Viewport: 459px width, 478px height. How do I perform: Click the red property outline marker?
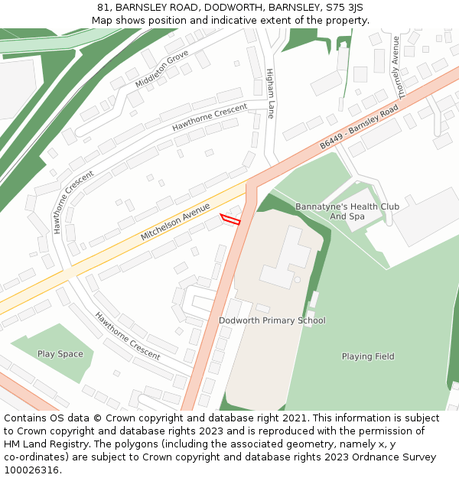tap(230, 220)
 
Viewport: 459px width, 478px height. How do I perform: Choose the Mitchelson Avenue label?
tap(175, 222)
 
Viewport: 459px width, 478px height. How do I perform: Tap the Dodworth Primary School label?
tap(272, 320)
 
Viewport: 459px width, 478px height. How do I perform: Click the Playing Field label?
tap(368, 356)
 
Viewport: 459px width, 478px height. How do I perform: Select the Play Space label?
tap(60, 354)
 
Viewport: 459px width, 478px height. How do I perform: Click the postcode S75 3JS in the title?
tap(346, 8)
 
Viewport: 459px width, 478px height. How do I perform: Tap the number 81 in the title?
tap(103, 8)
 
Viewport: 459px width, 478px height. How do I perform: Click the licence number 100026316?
tap(31, 470)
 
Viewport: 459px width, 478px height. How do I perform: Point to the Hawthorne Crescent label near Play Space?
tap(127, 337)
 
